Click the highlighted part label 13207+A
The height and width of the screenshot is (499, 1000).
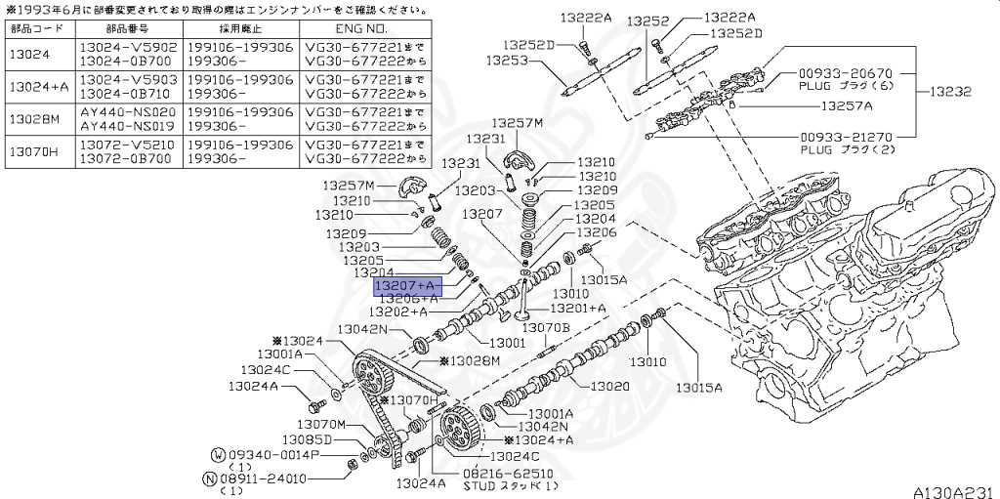point(408,285)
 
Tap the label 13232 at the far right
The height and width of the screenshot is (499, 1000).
point(950,91)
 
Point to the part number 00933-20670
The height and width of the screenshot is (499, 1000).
point(845,73)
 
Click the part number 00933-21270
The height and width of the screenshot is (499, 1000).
point(845,138)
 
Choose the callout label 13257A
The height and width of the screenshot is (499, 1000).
point(846,105)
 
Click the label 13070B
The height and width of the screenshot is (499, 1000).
point(545,328)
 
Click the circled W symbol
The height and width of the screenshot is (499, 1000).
point(218,455)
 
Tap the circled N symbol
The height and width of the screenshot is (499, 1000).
point(209,478)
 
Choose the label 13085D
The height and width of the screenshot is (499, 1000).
point(303,439)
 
